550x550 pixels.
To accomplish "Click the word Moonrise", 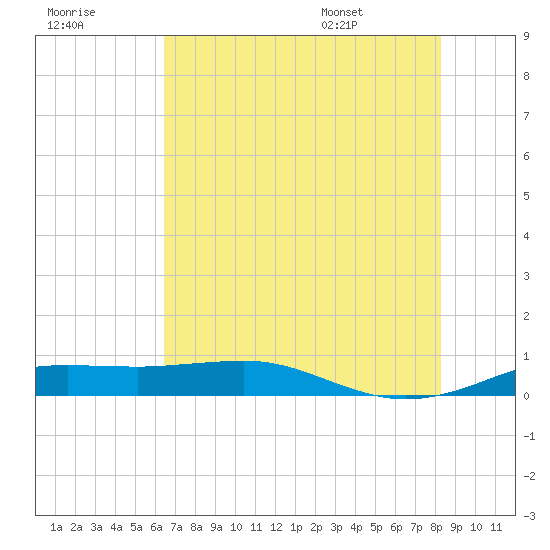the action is tap(71, 12).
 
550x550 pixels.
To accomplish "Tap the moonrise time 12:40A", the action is tap(65, 25).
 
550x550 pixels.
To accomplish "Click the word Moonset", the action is tap(342, 12).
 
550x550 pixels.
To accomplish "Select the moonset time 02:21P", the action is tap(339, 25).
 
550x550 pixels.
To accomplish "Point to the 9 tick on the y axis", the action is tap(526, 36).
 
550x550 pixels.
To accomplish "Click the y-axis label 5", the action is tap(526, 196).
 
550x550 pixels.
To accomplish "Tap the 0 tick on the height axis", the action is tap(526, 396).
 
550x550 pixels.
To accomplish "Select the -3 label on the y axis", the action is tap(529, 516).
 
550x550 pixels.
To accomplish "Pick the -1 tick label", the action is tap(529, 436).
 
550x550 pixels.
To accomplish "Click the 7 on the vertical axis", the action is tap(526, 116).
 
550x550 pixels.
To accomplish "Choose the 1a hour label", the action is tap(56, 527).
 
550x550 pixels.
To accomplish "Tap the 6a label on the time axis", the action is tap(156, 527).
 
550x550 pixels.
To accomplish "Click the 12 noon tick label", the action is tap(276, 527).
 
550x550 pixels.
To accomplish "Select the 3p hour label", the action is tap(336, 527).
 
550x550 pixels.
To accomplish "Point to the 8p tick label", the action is tap(436, 527).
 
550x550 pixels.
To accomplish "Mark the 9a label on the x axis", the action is tap(216, 527).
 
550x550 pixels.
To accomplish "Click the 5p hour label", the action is tap(376, 527).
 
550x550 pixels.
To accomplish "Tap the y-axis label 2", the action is tap(526, 316).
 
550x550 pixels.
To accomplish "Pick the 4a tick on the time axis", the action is tap(116, 527).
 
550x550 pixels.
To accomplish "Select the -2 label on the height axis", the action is tap(529, 476).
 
